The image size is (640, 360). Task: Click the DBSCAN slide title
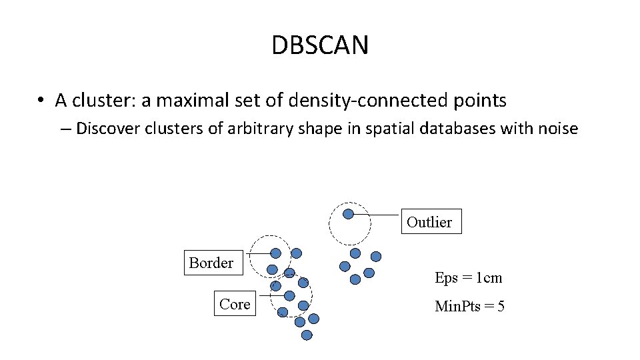pos(320,45)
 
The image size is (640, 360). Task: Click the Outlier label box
pos(429,222)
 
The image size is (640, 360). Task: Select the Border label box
pos(211,263)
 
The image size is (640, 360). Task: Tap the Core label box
pos(235,304)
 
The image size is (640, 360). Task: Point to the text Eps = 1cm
pos(468,277)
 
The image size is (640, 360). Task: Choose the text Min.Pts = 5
pos(469,307)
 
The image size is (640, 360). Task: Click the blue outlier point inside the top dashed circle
pos(348,214)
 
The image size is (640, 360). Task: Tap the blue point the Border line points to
pos(275,253)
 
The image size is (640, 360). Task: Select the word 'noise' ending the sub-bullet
pos(556,129)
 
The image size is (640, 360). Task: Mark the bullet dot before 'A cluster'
pos(41,101)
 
